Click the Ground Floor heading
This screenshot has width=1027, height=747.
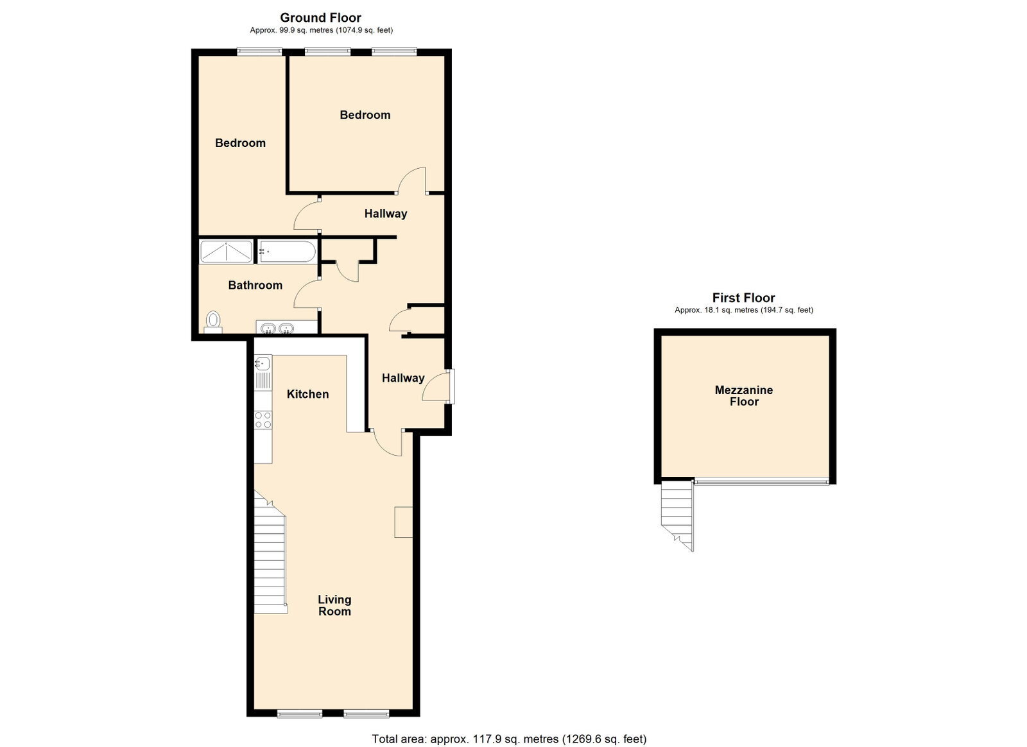coord(320,18)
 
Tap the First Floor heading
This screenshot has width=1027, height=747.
coord(743,298)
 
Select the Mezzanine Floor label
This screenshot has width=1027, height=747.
coord(744,395)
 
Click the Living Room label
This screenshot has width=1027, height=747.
coord(334,605)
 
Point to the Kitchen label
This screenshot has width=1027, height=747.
coord(307,394)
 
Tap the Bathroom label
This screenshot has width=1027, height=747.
coord(255,285)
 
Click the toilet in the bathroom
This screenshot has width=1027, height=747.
coord(212,322)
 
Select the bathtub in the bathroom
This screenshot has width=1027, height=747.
coord(286,252)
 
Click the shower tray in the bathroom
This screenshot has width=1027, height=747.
coord(226,252)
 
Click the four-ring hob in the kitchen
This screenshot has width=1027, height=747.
coord(263,420)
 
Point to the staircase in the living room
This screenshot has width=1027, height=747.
coord(270,553)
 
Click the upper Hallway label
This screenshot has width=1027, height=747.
coord(386,214)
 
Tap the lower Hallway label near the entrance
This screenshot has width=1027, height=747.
coord(403,378)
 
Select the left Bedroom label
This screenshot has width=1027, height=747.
coord(240,143)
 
